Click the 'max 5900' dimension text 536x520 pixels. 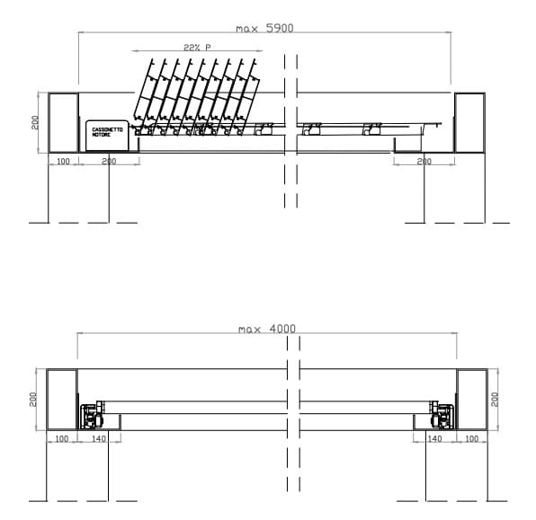point(264,28)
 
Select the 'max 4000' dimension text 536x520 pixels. point(266,329)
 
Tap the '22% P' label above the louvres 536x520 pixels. point(196,46)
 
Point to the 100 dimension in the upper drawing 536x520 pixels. point(63,162)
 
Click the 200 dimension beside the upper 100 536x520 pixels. point(108,162)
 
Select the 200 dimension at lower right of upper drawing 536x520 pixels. point(424,162)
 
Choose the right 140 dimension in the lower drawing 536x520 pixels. point(434,438)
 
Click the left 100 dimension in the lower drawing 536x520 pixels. point(62,438)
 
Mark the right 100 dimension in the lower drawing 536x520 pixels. point(471,438)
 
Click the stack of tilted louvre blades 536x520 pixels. point(193,94)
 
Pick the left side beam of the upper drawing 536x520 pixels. point(62,122)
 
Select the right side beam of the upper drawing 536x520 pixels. point(469,122)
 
